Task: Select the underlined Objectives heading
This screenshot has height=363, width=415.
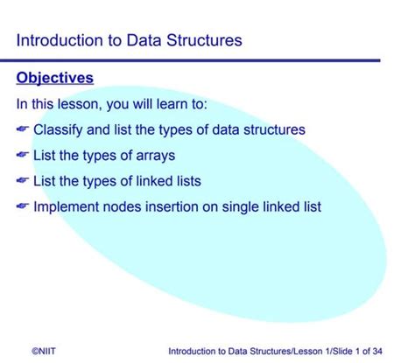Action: [54, 79]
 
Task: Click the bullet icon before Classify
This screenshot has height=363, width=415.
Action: [23, 130]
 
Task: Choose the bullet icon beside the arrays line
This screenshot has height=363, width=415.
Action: [23, 157]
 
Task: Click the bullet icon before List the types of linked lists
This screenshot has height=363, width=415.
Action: [23, 182]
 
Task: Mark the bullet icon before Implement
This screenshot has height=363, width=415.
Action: [23, 207]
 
